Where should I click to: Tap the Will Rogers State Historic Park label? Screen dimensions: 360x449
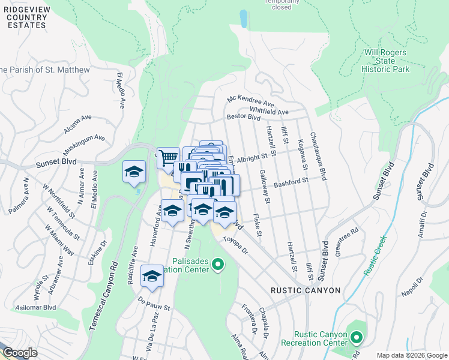(385, 61)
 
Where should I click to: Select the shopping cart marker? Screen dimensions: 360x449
(168, 157)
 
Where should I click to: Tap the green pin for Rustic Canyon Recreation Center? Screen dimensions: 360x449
(355, 339)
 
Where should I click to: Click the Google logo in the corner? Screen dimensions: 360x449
(19, 353)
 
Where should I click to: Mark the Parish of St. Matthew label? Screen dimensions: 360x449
(45, 70)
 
